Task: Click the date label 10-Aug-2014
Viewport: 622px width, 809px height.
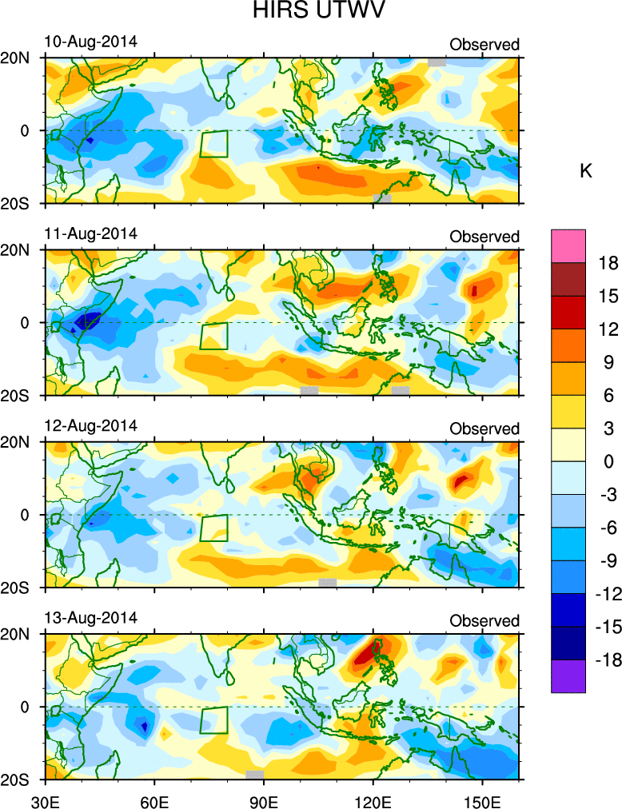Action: pos(90,41)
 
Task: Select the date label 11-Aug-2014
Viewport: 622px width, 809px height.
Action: pos(90,233)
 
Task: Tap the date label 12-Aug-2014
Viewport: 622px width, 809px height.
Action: pos(90,425)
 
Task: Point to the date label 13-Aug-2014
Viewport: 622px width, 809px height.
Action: pos(90,618)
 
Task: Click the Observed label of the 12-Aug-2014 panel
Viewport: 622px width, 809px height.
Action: pos(484,429)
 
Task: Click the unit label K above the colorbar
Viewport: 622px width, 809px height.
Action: pos(585,171)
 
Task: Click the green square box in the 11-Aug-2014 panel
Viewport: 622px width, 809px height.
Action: pos(213,336)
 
